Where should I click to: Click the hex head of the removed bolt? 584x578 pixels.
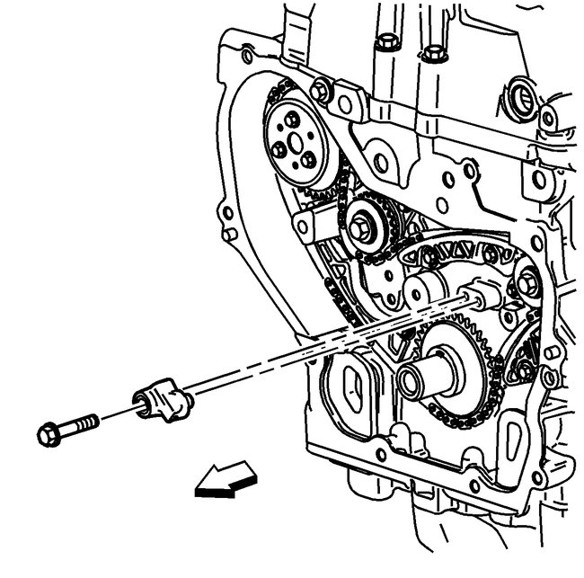coord(50,433)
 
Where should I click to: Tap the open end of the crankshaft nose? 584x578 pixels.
coord(411,380)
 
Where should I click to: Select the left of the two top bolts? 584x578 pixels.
coord(386,42)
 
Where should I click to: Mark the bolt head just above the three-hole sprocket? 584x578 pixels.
coord(322,89)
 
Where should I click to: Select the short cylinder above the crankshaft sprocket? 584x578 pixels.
coord(426,289)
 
